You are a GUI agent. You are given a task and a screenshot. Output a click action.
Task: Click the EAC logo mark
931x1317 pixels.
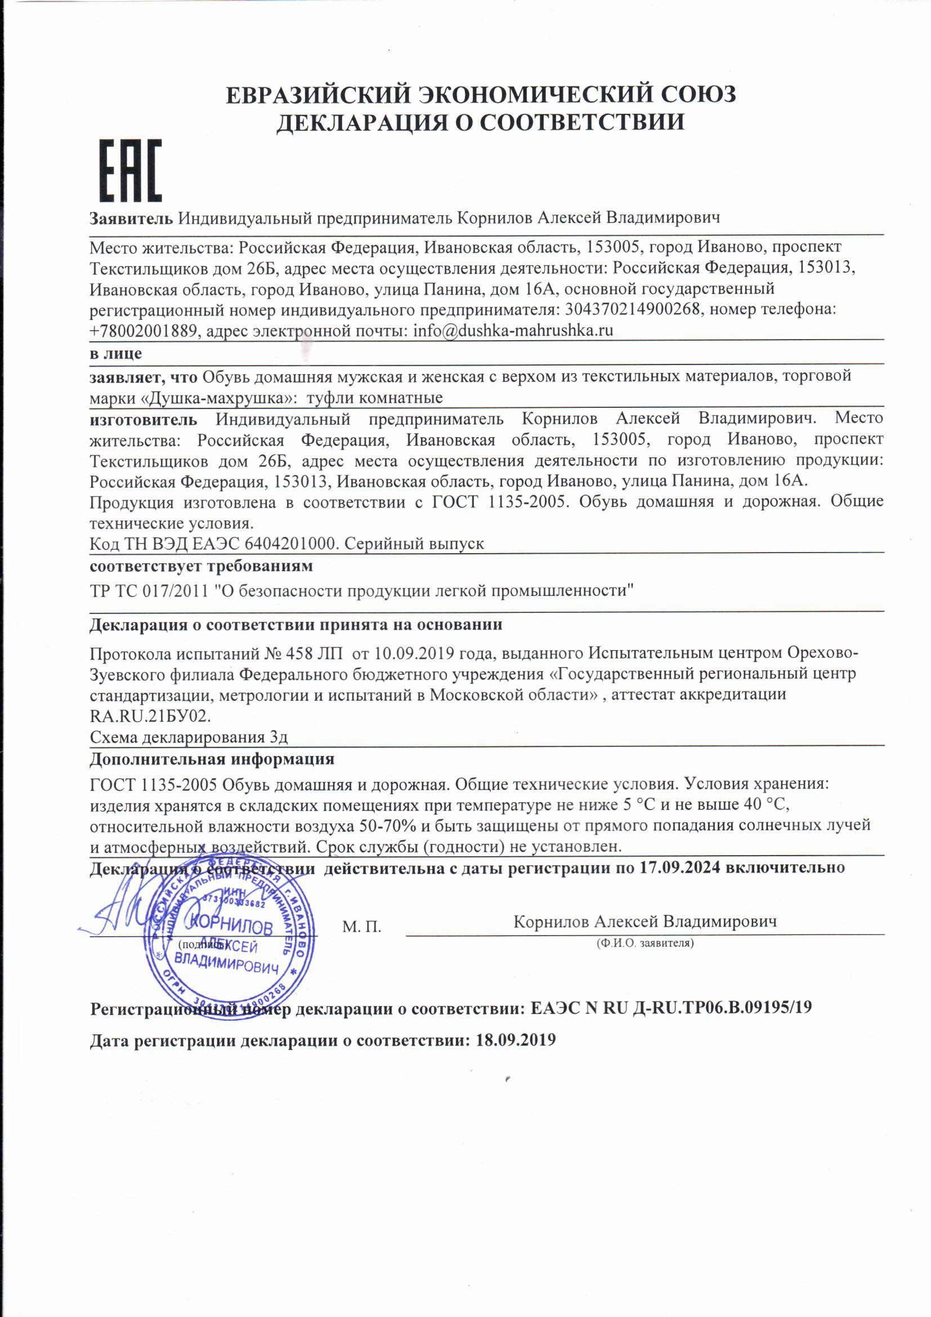pos(131,170)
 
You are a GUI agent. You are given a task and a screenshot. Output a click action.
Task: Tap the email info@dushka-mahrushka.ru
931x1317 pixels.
pos(513,331)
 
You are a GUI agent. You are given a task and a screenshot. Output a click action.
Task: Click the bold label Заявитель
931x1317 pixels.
pos(131,218)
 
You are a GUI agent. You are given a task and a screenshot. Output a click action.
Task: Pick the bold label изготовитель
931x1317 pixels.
pos(144,419)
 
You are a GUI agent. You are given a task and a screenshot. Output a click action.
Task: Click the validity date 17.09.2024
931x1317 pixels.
pos(679,867)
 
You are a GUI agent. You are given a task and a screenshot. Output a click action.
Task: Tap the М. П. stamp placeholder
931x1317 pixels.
pos(362,927)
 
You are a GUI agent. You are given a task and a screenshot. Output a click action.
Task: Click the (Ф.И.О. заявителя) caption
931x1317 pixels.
pos(645,942)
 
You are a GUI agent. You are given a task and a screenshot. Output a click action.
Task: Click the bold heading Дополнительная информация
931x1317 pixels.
pos(212,759)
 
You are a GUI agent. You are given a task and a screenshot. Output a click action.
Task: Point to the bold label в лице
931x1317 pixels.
pos(116,353)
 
